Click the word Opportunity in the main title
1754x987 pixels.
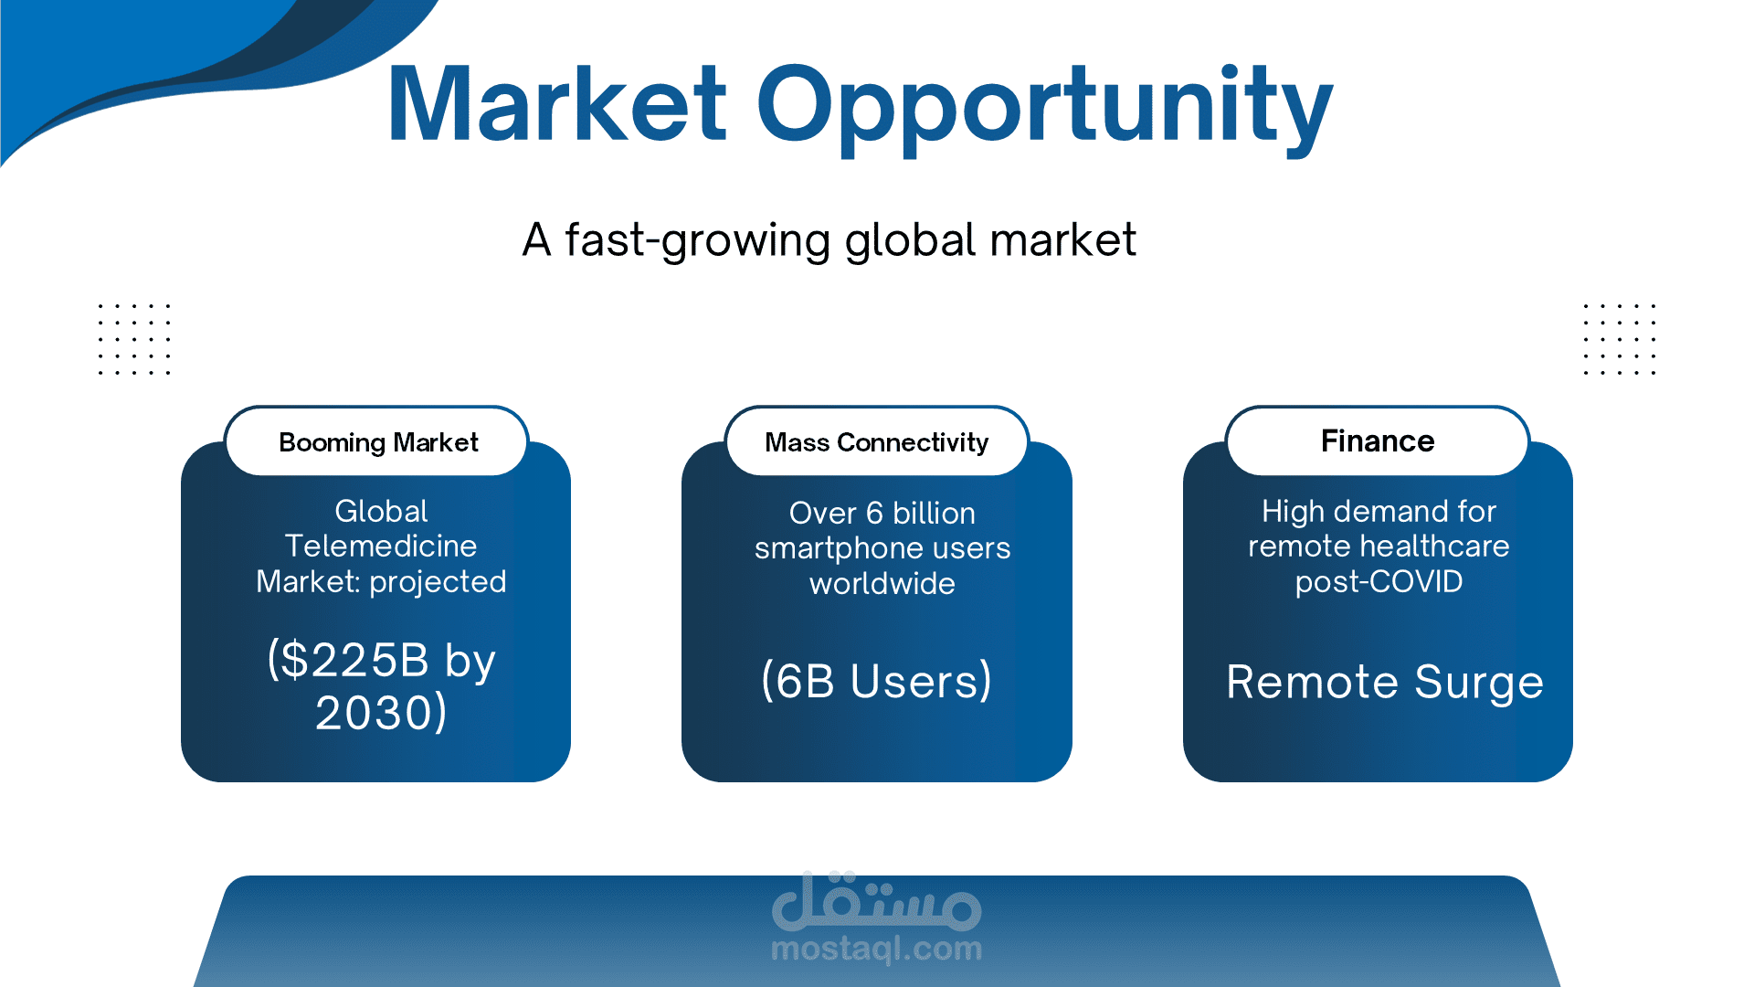[1045, 110]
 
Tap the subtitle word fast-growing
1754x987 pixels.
[697, 241]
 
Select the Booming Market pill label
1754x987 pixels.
[378, 442]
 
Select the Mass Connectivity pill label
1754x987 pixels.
[877, 442]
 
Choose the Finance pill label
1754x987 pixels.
[1378, 441]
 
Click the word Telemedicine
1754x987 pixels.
[381, 546]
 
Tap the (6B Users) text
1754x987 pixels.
[877, 681]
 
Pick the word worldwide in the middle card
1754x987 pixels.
[882, 584]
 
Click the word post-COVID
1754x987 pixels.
[1379, 582]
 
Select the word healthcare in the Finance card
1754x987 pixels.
[1435, 546]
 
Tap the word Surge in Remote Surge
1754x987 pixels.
[1479, 683]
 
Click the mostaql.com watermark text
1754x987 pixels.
[877, 949]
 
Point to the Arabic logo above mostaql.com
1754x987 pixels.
[877, 900]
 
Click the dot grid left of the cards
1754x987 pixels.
[134, 339]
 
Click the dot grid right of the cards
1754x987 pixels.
[1620, 339]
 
